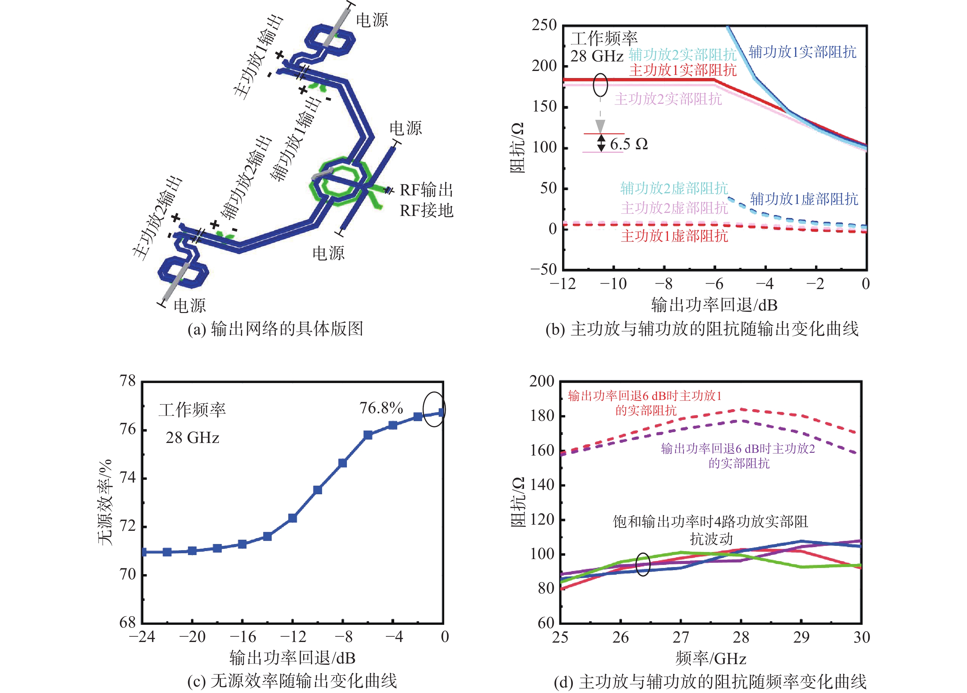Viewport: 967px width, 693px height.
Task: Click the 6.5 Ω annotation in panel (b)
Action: click(x=628, y=144)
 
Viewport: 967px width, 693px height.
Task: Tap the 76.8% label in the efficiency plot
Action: click(x=381, y=408)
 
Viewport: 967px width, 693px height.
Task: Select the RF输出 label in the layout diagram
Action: click(x=426, y=190)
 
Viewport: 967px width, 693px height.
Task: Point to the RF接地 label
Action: click(x=426, y=210)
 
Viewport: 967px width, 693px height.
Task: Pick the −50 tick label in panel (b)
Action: click(x=544, y=269)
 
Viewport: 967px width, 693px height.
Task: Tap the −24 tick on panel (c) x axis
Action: click(x=142, y=637)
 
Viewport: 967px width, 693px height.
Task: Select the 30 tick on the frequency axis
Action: click(x=861, y=637)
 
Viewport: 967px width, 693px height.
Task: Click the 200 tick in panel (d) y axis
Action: click(x=542, y=381)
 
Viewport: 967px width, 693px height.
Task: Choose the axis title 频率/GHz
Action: click(x=711, y=658)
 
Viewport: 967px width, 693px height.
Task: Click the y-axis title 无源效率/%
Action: click(x=105, y=502)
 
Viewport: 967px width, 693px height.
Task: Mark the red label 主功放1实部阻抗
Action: click(x=683, y=70)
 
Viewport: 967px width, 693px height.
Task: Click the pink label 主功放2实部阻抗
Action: click(x=668, y=99)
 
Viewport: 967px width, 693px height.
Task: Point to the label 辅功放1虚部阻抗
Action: click(x=804, y=199)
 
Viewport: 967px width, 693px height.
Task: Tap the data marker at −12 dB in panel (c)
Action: click(x=293, y=518)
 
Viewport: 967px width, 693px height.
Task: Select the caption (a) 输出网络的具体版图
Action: click(x=275, y=329)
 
